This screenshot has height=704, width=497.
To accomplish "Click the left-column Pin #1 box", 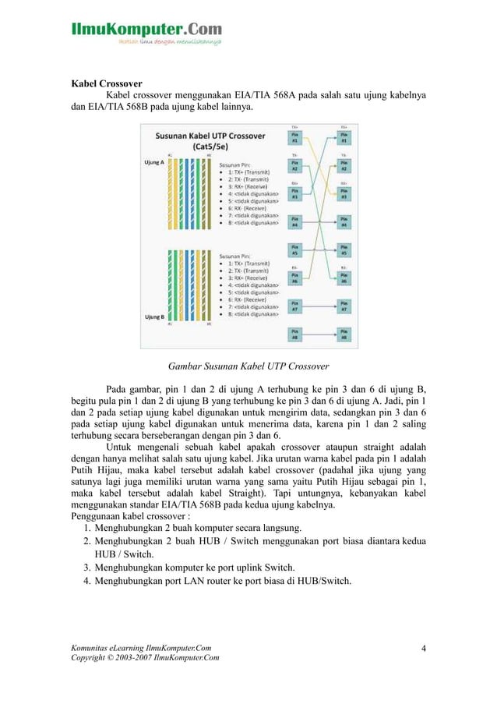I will (x=295, y=137).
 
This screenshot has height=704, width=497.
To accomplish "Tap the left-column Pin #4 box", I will (x=295, y=222).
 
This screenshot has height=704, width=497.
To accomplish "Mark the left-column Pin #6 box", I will (x=295, y=278).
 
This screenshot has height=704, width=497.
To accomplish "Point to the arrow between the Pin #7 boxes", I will (x=319, y=306).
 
